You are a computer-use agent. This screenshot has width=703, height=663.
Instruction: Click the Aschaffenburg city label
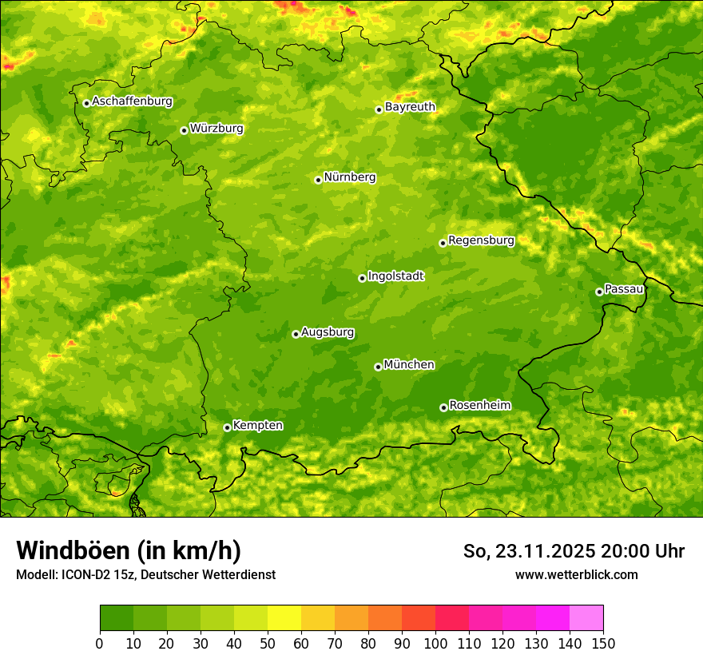(x=132, y=101)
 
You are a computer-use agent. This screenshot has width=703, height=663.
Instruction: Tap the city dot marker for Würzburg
(x=184, y=130)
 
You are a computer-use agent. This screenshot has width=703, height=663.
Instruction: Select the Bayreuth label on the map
(x=410, y=107)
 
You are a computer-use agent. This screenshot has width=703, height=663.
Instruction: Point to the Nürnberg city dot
(x=318, y=180)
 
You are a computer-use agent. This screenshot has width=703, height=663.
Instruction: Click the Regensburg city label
(x=481, y=240)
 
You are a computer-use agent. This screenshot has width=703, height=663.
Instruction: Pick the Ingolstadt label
(x=395, y=276)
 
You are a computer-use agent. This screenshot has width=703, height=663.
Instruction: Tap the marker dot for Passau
(x=599, y=292)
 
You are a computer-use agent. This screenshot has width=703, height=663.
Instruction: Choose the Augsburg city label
(x=328, y=332)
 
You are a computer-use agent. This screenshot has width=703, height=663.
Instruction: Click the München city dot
(x=378, y=367)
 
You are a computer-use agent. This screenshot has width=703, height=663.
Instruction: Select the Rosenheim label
(x=479, y=406)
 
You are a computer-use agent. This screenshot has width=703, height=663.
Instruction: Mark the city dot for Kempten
(x=227, y=427)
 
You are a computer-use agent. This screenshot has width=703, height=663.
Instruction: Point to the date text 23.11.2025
(x=546, y=551)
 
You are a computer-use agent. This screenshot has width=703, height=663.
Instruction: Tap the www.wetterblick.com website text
(x=576, y=574)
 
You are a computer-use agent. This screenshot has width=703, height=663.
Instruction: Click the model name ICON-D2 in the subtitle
(x=82, y=574)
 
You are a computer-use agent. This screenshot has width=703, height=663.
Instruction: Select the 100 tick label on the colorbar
(x=435, y=644)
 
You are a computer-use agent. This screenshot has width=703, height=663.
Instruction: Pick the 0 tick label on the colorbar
(x=100, y=644)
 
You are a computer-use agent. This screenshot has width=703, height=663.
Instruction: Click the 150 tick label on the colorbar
(x=602, y=644)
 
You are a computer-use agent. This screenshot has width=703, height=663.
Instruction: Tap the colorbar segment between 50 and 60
(x=284, y=618)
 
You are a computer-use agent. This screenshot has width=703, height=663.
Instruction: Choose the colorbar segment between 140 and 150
(x=586, y=618)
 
